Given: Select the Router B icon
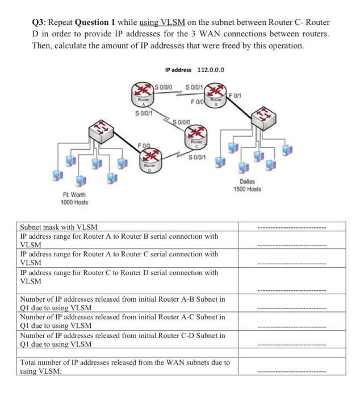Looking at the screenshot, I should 216,93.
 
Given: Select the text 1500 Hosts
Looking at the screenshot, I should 248,189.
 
